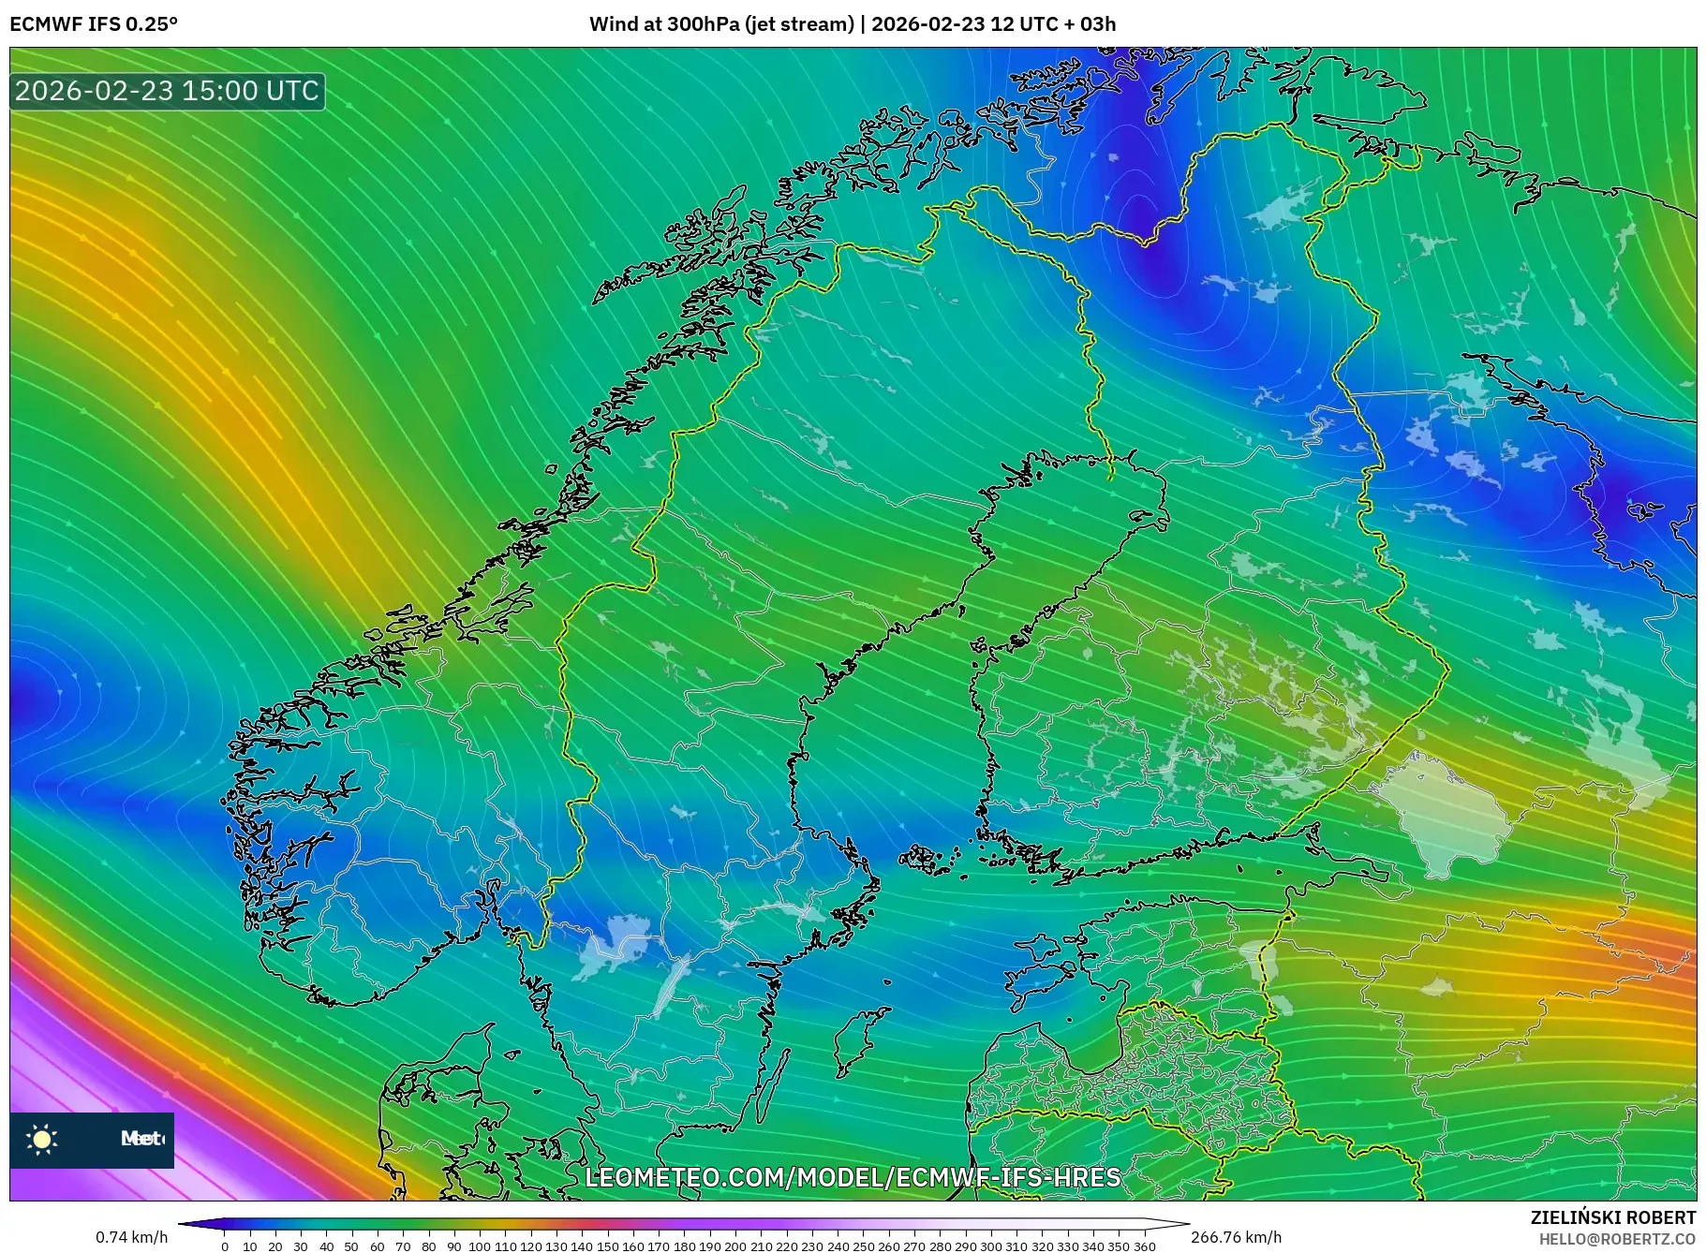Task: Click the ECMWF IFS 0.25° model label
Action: tap(93, 24)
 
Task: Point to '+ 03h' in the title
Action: tap(1087, 24)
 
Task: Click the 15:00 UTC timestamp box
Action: tap(168, 91)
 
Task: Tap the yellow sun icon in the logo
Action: tap(42, 1139)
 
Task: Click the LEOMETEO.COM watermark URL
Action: tap(853, 1176)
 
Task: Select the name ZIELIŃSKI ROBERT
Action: tap(1612, 1217)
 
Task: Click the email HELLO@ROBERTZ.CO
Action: tap(1617, 1239)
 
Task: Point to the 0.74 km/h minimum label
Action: tap(132, 1237)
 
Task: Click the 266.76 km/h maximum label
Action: tap(1236, 1237)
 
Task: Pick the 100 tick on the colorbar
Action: tap(480, 1246)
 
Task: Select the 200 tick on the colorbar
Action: tap(735, 1246)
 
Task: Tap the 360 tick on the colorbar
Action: tap(1144, 1246)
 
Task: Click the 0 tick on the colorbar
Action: tap(225, 1246)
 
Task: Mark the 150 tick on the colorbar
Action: tap(607, 1246)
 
